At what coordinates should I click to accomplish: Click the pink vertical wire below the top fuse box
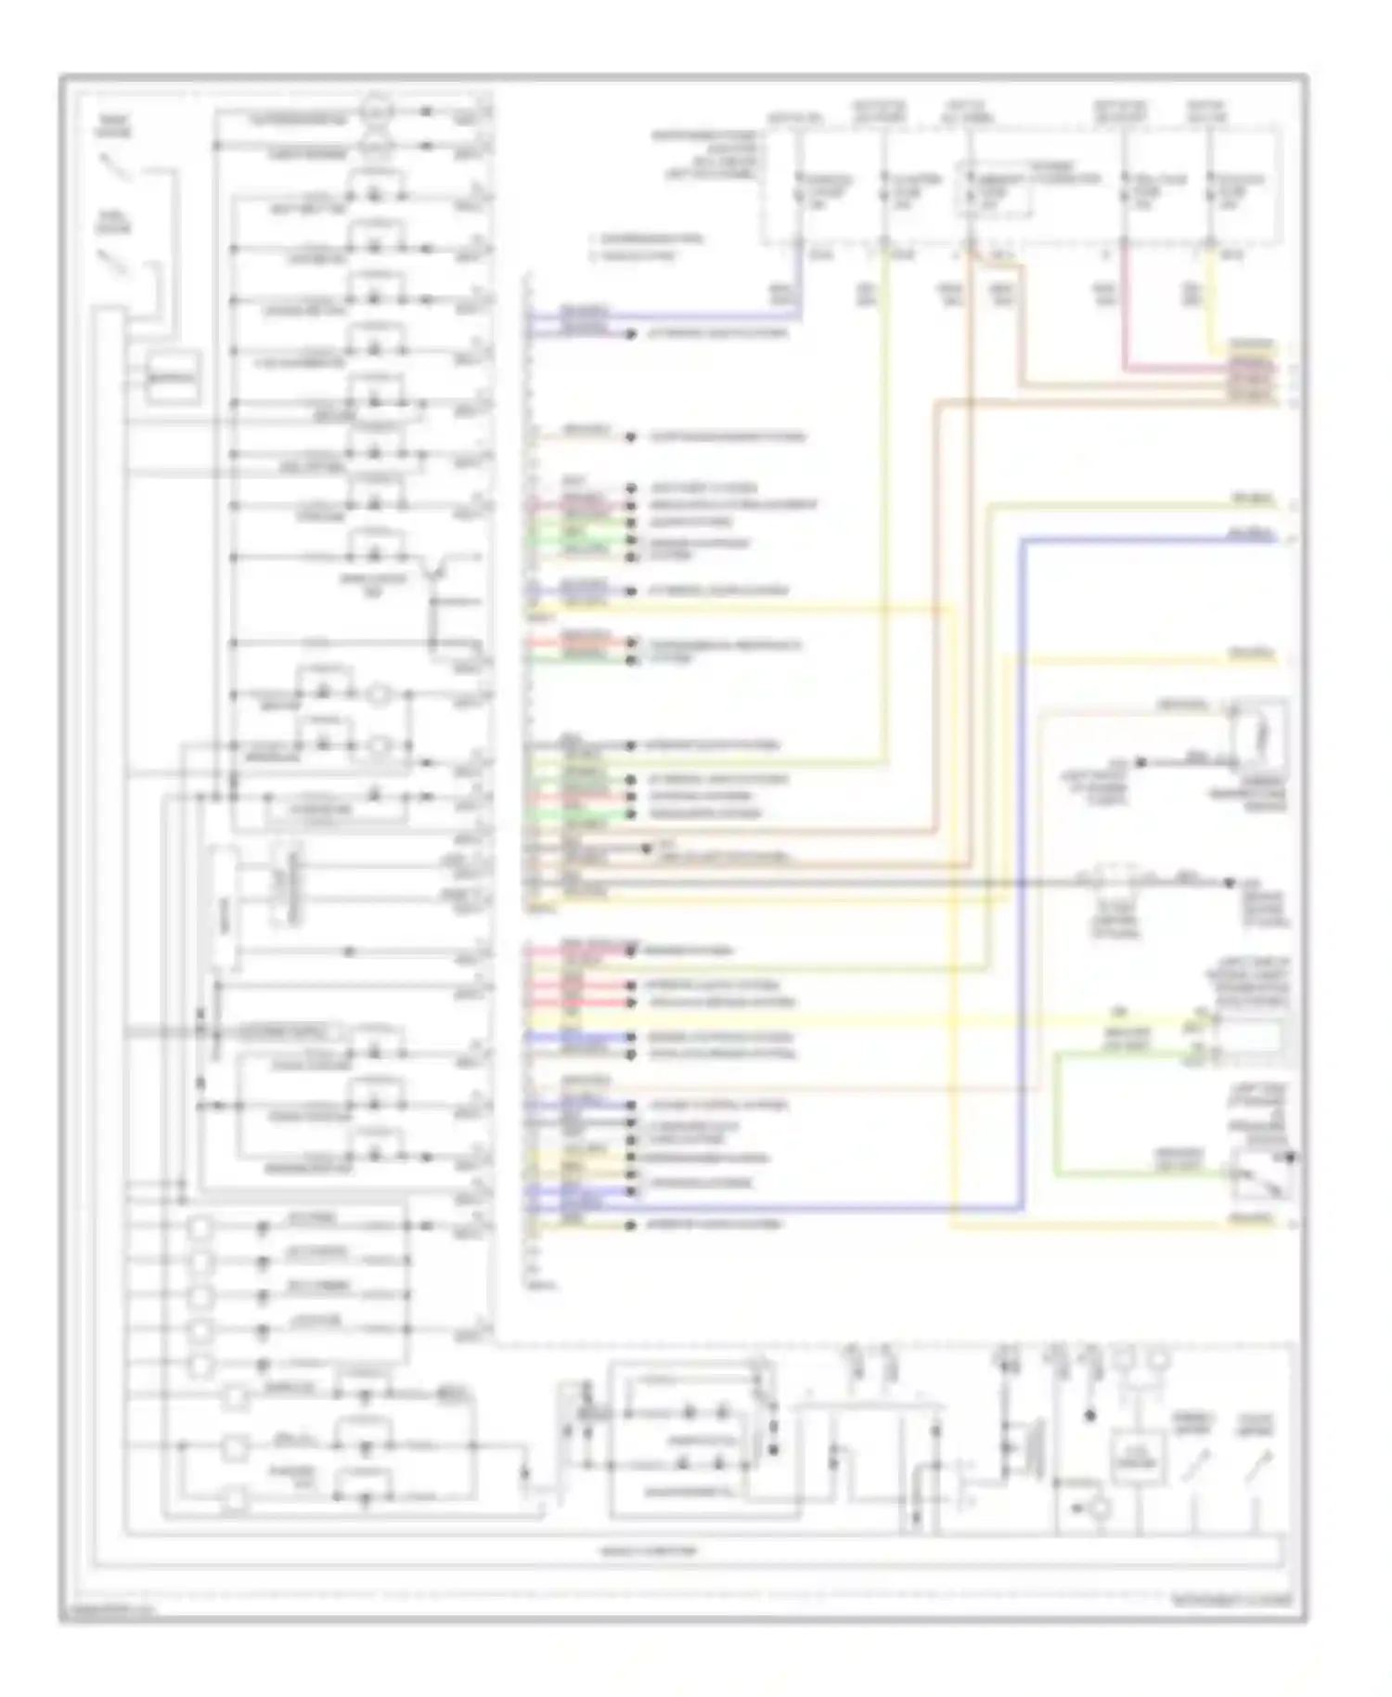click(x=1125, y=306)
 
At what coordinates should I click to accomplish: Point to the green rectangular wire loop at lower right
click(x=1141, y=1114)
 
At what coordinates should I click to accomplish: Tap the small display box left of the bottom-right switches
click(x=1137, y=1463)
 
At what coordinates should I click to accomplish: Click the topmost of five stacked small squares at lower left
click(x=200, y=1229)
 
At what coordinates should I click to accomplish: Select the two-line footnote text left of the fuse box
click(x=650, y=247)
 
